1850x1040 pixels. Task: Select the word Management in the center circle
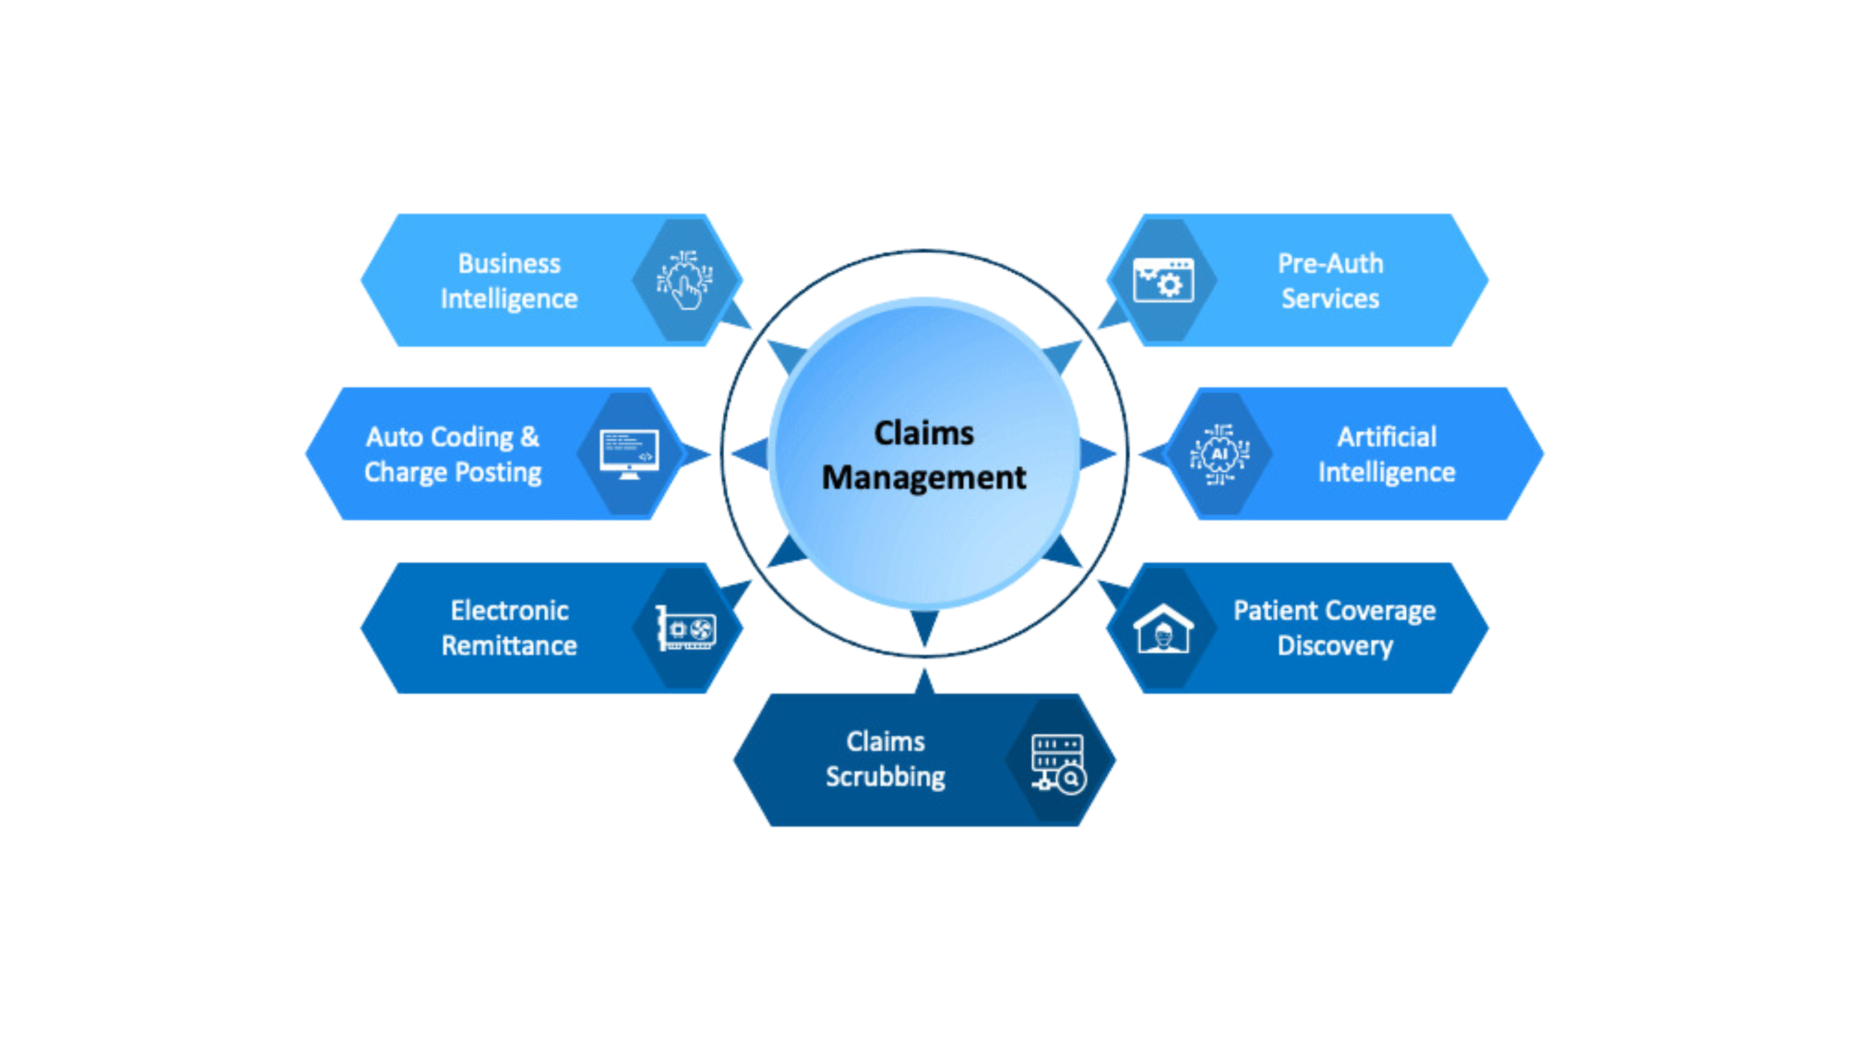[x=923, y=477]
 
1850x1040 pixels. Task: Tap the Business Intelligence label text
[x=509, y=281]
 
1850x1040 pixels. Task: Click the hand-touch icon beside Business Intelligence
[x=684, y=280]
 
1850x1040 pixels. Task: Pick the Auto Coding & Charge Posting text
[x=452, y=454]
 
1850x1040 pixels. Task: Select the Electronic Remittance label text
[x=509, y=628]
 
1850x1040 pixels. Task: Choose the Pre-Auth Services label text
[x=1330, y=281]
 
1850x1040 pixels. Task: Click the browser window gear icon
[x=1163, y=280]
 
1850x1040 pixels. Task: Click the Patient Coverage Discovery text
[x=1334, y=628]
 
